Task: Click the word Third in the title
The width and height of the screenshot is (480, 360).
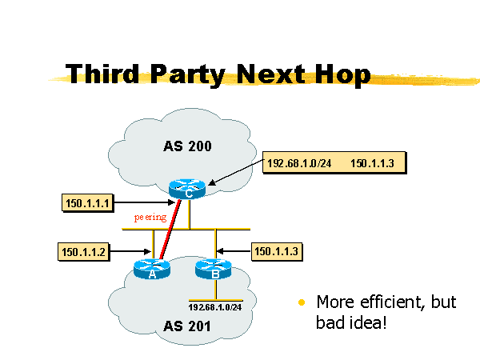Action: point(103,74)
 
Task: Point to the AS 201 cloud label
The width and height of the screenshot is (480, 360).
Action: point(188,326)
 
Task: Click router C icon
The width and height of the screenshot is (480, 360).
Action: point(187,189)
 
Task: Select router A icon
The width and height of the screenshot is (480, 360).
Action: point(152,270)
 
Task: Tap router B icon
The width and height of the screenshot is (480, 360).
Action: point(214,270)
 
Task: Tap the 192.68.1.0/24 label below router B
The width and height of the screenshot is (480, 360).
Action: point(214,306)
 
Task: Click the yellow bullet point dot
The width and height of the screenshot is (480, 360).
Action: point(302,302)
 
